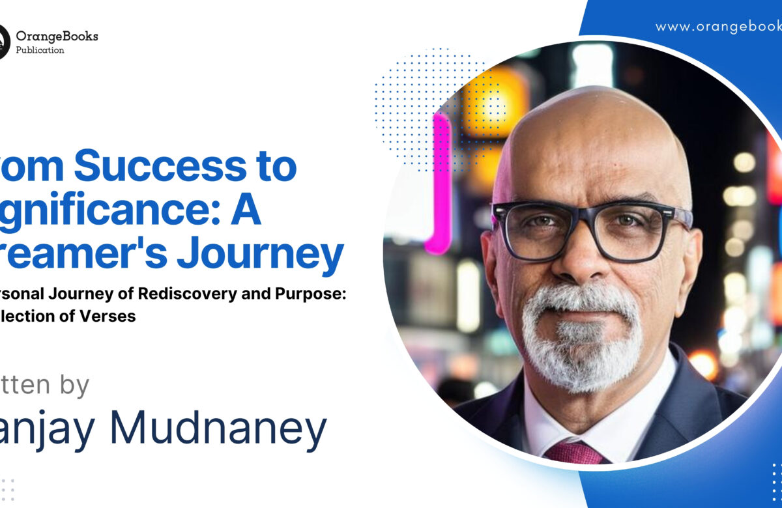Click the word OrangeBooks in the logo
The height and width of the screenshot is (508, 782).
57,36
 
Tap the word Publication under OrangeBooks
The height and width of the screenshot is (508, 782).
40,50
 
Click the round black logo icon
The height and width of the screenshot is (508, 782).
3,42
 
